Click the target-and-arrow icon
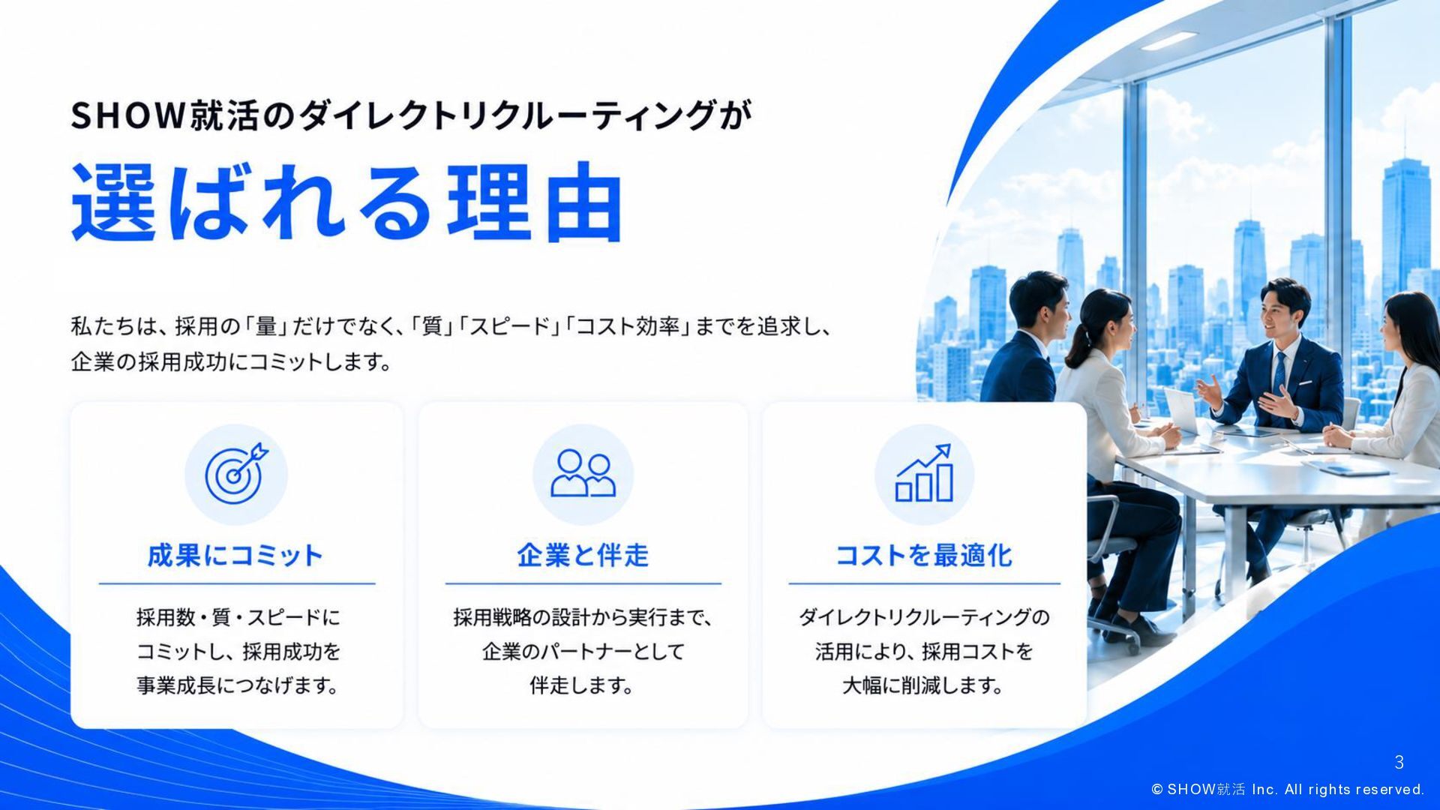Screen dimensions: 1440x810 pyautogui.click(x=236, y=474)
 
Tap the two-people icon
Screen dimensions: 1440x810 pyautogui.click(x=583, y=473)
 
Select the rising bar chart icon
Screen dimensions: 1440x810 pyautogui.click(x=924, y=472)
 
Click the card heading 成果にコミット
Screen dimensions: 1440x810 pyautogui.click(x=235, y=556)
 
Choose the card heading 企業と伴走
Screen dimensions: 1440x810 pyautogui.click(x=583, y=556)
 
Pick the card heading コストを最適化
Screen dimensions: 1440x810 pyautogui.click(x=924, y=556)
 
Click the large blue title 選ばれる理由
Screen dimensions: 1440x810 pyautogui.click(x=346, y=202)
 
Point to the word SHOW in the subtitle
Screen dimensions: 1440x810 pyautogui.click(x=127, y=115)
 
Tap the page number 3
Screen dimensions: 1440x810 pyautogui.click(x=1399, y=763)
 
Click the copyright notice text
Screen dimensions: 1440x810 pyautogui.click(x=1288, y=789)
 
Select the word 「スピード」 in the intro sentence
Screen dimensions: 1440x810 pyautogui.click(x=510, y=327)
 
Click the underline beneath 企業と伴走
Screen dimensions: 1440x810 pyautogui.click(x=583, y=583)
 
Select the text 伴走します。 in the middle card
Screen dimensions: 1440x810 pyautogui.click(x=582, y=685)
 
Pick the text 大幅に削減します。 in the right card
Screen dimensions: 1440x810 pyautogui.click(x=923, y=685)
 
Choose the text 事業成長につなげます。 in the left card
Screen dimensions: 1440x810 pyautogui.click(x=238, y=685)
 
